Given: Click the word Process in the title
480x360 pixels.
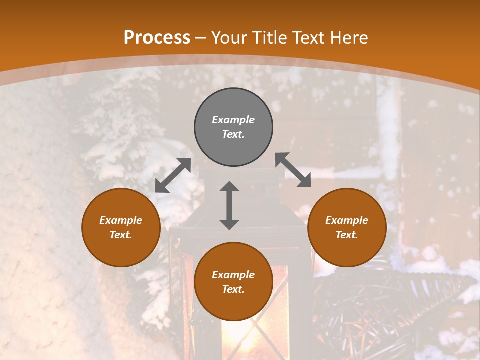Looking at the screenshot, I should point(157,38).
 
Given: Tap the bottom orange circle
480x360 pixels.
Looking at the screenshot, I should point(233,305).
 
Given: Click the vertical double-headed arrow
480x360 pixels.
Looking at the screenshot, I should point(229,205).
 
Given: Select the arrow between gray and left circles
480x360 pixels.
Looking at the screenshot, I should point(173,175).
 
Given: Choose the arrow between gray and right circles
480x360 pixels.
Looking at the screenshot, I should point(293,170).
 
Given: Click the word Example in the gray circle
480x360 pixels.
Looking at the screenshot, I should point(233,120).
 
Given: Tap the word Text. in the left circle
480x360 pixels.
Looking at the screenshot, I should point(121,235).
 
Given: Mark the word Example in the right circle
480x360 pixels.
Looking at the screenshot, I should point(347,220).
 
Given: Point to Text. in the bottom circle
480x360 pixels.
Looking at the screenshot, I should point(233,289).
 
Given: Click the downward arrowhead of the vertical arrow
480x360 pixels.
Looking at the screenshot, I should point(229,224).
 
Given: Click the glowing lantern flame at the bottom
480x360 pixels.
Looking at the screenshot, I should point(245,345).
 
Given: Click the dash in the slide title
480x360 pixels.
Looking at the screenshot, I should point(201,38).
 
